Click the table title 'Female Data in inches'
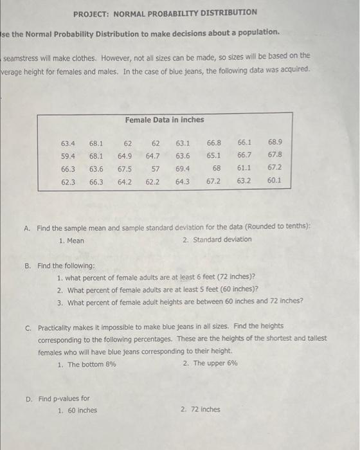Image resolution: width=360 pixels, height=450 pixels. (x=165, y=120)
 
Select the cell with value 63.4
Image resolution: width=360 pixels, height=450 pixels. (x=68, y=142)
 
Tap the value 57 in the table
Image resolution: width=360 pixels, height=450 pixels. (x=155, y=168)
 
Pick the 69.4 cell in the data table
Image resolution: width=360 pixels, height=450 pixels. (x=183, y=168)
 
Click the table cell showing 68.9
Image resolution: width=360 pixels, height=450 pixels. (x=274, y=141)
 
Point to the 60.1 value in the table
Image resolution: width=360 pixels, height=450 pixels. (x=274, y=181)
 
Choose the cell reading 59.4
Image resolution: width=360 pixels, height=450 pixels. (x=68, y=155)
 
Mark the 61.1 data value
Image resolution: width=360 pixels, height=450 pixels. (x=244, y=168)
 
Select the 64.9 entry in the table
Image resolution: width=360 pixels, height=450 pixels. (x=125, y=156)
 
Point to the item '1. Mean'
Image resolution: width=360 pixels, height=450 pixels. (x=71, y=240)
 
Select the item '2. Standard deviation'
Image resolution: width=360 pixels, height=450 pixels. (x=217, y=240)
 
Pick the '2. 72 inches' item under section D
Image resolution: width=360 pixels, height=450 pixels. (x=201, y=409)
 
